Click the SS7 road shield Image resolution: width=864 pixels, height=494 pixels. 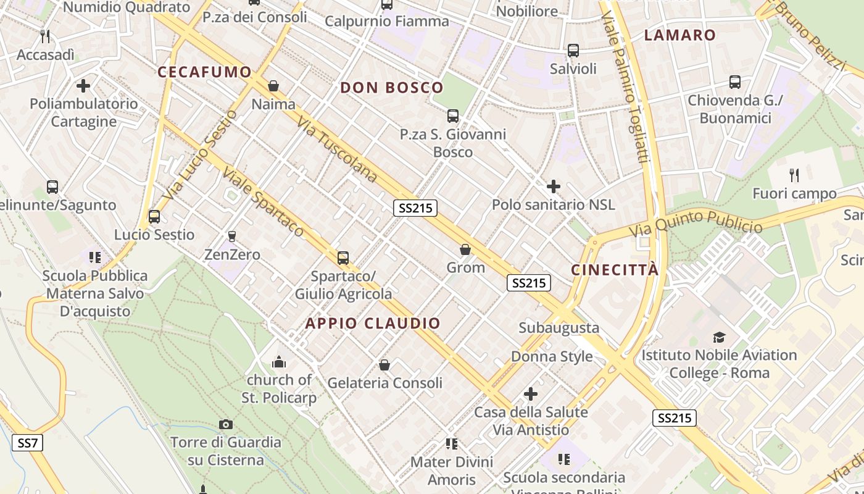point(27,443)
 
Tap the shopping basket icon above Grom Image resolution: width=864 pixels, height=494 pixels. point(465,249)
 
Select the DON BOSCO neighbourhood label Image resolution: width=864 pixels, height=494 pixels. point(392,88)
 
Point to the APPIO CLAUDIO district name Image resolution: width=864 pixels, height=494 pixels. point(373,323)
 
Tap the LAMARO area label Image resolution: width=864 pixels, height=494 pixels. point(679,35)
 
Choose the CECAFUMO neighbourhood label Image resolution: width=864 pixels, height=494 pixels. point(205,72)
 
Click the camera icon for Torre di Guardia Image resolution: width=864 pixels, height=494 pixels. point(226,424)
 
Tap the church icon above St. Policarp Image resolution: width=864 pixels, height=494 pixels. point(279,361)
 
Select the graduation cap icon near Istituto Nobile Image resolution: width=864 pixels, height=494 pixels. point(719,337)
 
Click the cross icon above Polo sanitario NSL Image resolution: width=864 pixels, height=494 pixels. point(554,186)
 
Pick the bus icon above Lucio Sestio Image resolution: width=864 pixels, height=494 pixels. point(154,217)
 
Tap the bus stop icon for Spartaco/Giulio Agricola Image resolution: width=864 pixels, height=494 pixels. point(343,257)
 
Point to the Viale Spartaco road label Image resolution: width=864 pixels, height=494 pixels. point(264,202)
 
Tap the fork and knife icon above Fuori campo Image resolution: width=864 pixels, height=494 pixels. point(794,175)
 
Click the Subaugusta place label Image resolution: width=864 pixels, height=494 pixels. point(559,328)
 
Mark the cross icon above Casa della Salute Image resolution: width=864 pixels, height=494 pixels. point(530,394)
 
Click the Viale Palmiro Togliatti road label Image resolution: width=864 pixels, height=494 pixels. point(625,86)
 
